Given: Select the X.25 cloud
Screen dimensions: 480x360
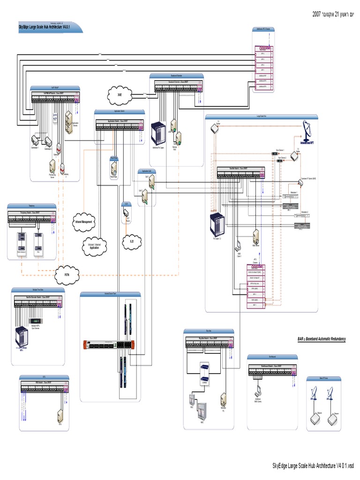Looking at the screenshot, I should point(132,241).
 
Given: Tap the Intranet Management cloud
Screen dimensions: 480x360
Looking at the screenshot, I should point(84,221).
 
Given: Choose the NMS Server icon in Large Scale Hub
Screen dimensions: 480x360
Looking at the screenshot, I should point(256,236).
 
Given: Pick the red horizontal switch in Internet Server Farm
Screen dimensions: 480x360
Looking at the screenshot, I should point(111,345).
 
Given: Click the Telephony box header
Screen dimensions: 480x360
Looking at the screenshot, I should point(32,206).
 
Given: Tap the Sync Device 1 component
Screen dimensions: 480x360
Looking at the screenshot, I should point(275,153).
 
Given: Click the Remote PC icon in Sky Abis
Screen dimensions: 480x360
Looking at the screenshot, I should point(224,398).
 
